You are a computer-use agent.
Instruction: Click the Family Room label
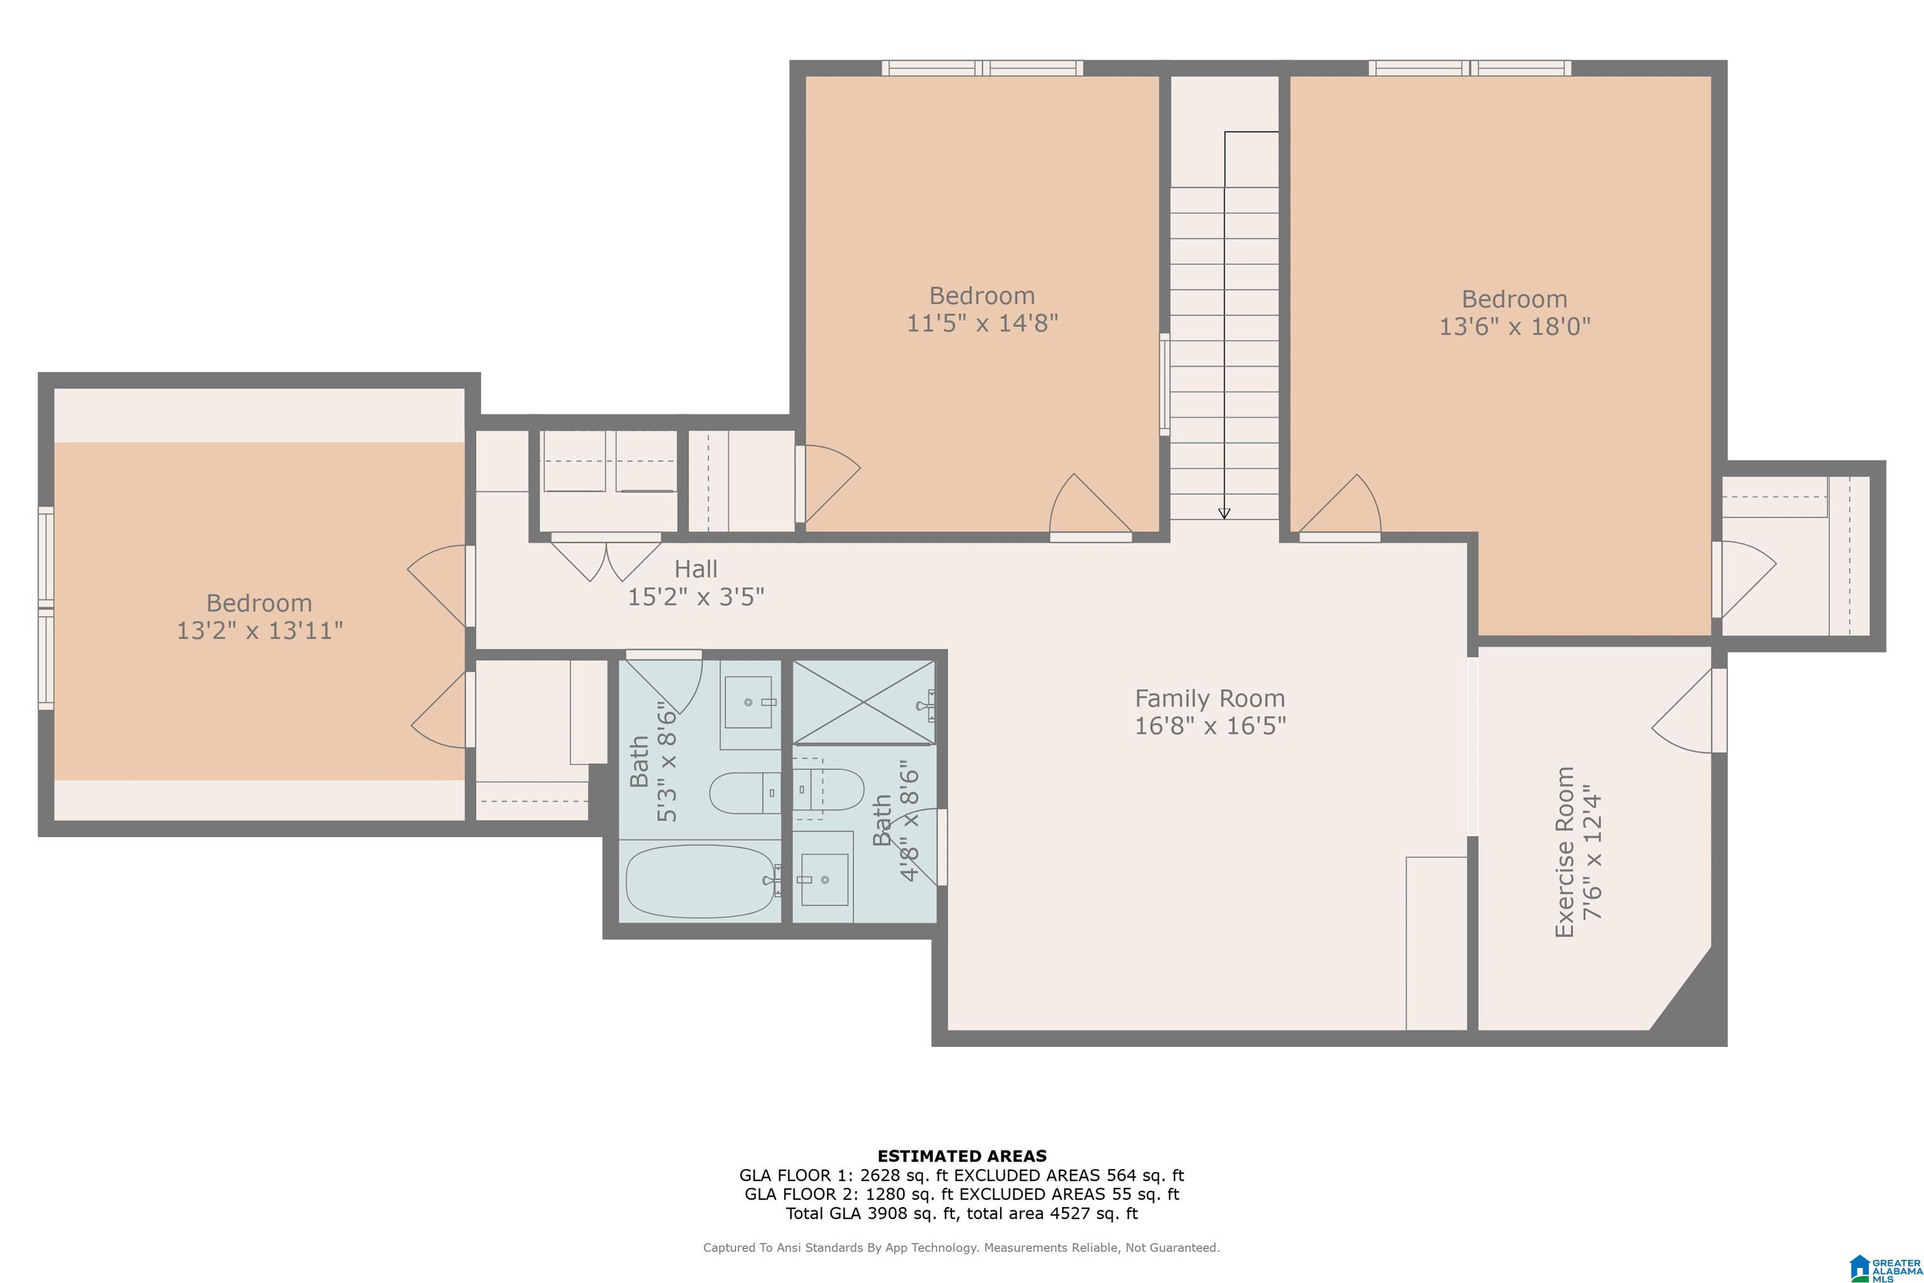pyautogui.click(x=1210, y=699)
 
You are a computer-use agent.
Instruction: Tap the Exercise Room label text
pyautogui.click(x=1564, y=852)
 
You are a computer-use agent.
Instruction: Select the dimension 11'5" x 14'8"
pyautogui.click(x=983, y=323)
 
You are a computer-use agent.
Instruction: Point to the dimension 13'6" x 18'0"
pyautogui.click(x=1515, y=326)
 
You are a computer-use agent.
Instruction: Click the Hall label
pyautogui.click(x=696, y=569)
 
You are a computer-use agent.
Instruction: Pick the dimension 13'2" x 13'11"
pyautogui.click(x=260, y=631)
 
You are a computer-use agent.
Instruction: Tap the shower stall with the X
pyautogui.click(x=864, y=702)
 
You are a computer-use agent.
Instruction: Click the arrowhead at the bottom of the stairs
pyautogui.click(x=1224, y=513)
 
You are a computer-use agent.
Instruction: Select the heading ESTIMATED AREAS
pyautogui.click(x=962, y=1156)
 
